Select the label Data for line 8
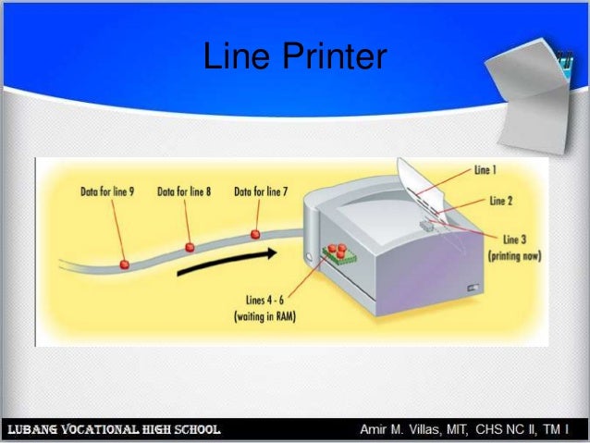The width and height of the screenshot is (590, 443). click(x=184, y=191)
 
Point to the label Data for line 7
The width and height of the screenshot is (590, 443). click(x=261, y=191)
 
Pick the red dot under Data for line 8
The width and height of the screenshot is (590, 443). click(x=190, y=247)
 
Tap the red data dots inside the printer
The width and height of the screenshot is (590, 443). click(x=337, y=251)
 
